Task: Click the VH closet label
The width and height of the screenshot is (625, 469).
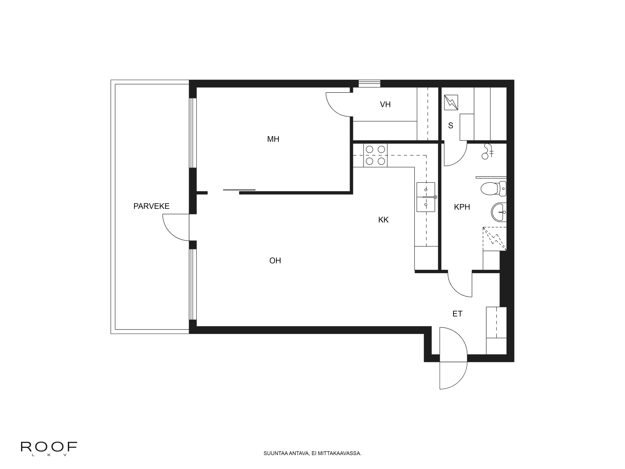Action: (x=385, y=105)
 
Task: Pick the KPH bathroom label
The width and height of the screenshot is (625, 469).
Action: (x=462, y=207)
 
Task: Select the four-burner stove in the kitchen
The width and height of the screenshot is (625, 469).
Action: (x=375, y=155)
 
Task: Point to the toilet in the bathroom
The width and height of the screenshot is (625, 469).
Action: (x=493, y=189)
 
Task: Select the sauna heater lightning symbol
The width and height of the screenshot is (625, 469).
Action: (x=451, y=102)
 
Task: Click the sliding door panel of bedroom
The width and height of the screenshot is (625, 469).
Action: (x=239, y=190)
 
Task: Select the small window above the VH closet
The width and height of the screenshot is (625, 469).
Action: (x=369, y=84)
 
